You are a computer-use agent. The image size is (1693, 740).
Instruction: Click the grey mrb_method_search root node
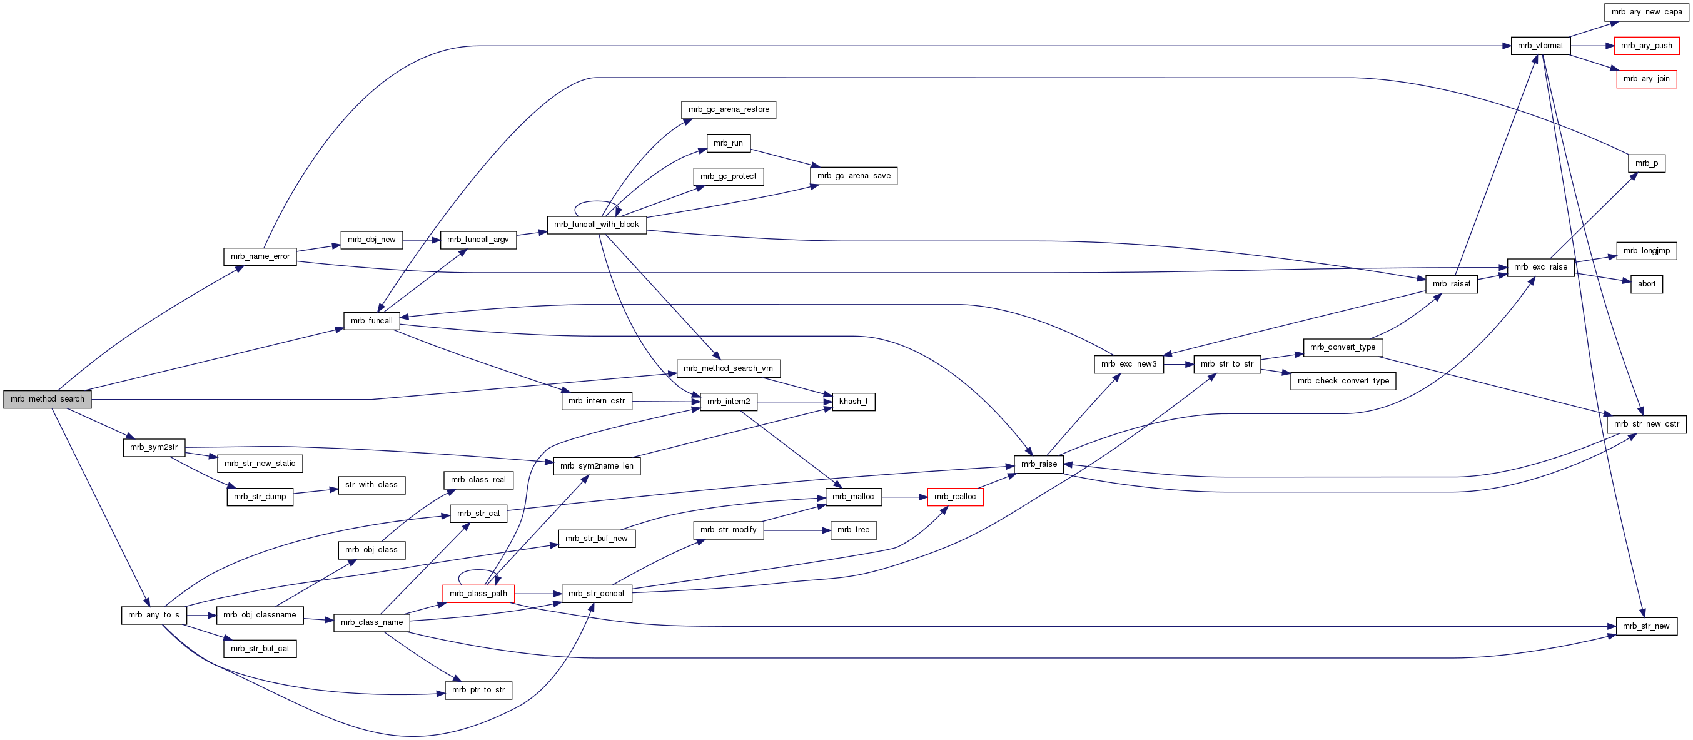click(x=48, y=399)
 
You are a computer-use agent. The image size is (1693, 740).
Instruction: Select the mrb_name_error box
click(x=260, y=256)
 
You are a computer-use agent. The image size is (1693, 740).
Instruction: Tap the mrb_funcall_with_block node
click(x=596, y=225)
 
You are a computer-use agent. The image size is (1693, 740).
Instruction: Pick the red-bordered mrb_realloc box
click(x=954, y=497)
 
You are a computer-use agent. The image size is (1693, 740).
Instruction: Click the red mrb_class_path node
click(x=478, y=594)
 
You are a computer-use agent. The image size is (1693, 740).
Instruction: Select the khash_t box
click(x=853, y=402)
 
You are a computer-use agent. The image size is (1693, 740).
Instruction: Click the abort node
click(x=1646, y=284)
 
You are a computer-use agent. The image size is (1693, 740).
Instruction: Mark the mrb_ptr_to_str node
click(x=478, y=690)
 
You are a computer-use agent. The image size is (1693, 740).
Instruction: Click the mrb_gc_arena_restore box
click(x=728, y=109)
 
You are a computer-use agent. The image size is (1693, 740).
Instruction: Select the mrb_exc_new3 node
click(x=1128, y=364)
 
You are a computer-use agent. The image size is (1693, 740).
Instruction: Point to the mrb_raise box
click(x=1038, y=464)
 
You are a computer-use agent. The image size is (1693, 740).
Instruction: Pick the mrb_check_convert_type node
click(x=1343, y=381)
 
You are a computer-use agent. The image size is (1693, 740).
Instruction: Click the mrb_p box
click(x=1645, y=163)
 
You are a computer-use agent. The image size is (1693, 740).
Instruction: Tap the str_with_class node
click(x=371, y=485)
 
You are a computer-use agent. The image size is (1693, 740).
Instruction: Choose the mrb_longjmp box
click(x=1645, y=250)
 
